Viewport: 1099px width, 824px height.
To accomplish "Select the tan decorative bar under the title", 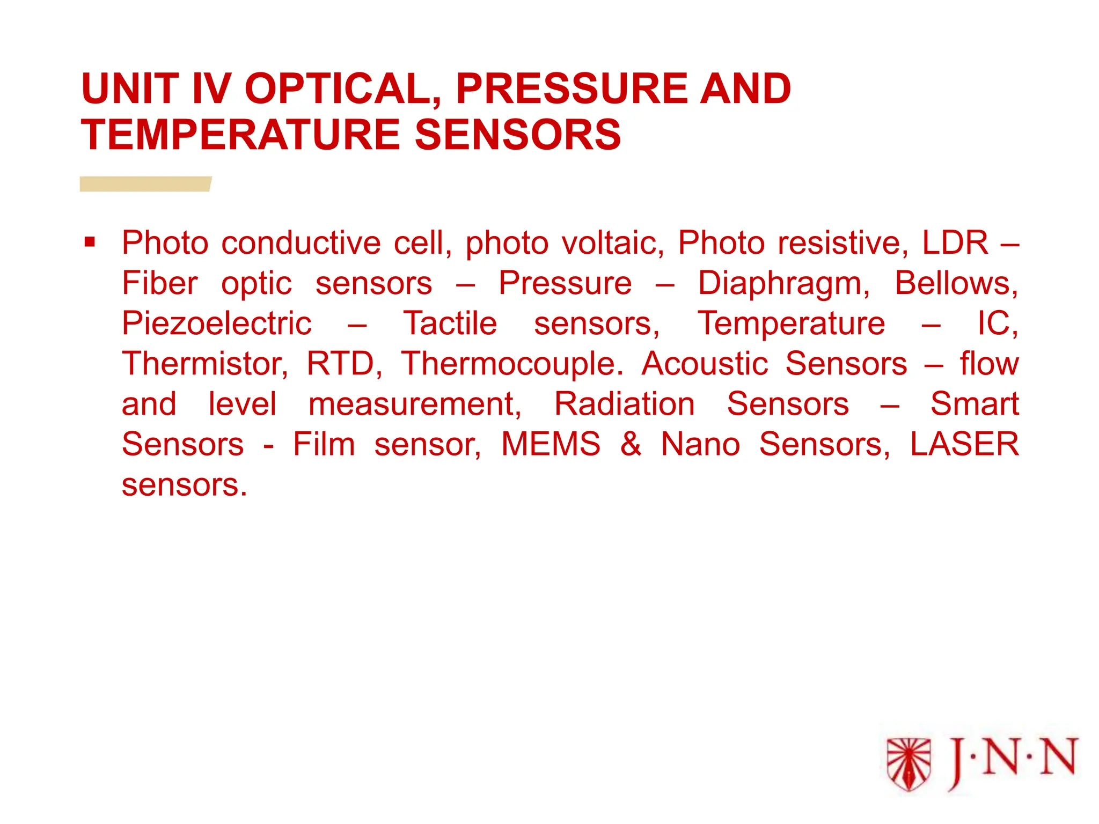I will [145, 184].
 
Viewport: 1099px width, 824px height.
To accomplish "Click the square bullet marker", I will [90, 242].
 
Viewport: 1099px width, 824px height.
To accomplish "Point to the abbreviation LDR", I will [955, 243].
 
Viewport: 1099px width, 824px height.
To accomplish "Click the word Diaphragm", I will [783, 283].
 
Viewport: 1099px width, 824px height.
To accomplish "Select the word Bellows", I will [956, 283].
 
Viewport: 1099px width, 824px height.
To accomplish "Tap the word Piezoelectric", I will [216, 323].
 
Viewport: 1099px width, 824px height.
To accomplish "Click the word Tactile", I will [450, 323].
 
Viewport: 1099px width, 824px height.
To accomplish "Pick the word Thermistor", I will [204, 364].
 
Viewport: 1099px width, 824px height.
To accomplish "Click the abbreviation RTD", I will [344, 364].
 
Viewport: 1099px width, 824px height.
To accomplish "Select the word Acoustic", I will [705, 364].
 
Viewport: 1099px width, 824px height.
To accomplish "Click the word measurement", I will [414, 404].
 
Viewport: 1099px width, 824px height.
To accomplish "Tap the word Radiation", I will [624, 404].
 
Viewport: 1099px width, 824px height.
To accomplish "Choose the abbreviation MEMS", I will [551, 444].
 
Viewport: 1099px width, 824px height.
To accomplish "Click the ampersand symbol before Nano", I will [631, 444].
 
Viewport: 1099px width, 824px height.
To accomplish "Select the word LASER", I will [964, 444].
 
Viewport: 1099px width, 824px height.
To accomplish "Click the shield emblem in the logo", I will [908, 764].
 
